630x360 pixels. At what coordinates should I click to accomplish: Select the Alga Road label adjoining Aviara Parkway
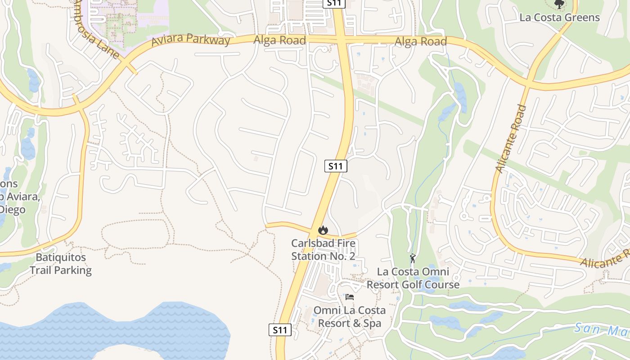point(279,40)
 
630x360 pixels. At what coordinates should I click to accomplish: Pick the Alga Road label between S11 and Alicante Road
point(420,42)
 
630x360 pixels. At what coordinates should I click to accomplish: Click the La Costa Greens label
point(559,18)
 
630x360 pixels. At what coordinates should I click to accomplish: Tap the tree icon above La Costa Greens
point(559,4)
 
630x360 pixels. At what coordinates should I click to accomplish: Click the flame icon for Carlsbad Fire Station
point(323,230)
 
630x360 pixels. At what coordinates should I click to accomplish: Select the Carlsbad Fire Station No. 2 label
point(323,250)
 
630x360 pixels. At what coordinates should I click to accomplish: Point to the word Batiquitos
point(61,258)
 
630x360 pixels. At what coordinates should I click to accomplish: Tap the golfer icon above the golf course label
point(413,258)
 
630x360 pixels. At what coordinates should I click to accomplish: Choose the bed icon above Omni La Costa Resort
point(350,297)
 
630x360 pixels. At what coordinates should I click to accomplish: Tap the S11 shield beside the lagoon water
point(280,330)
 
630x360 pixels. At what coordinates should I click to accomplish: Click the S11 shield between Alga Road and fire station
point(336,166)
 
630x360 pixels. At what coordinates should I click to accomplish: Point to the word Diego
point(13,210)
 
